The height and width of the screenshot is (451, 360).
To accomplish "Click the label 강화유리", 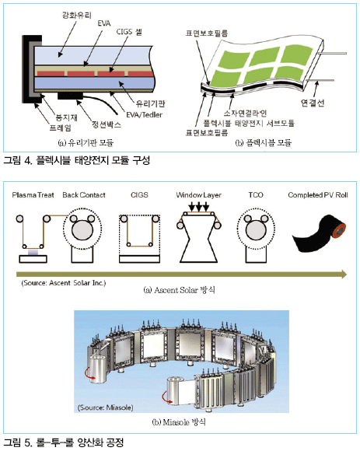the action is pos(77,15).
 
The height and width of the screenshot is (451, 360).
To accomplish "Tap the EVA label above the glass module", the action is pos(104,23).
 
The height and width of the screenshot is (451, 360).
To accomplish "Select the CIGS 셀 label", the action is pos(129,32).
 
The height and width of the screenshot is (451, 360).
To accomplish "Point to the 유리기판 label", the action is pos(150,103).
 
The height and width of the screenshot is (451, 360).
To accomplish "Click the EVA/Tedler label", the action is pos(145,115).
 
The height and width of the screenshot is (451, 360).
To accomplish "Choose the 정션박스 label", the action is pos(107,124).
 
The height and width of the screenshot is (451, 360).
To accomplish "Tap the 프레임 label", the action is pos(61,128).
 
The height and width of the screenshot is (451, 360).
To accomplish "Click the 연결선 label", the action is pos(313,103).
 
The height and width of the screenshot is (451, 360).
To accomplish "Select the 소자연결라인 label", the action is pos(245,113).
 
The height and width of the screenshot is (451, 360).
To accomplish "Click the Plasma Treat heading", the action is pos(33,195).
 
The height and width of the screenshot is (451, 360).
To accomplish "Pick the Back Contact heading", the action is pos(84,195).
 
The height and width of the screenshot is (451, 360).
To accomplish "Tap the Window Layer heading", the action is pos(199,195).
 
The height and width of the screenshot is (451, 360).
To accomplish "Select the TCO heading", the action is pos(256,195).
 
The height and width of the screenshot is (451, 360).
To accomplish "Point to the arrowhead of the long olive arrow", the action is pos(344,274).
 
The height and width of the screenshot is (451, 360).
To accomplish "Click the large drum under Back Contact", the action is pos(82,231).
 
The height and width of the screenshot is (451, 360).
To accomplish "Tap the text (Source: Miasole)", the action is pos(105,407).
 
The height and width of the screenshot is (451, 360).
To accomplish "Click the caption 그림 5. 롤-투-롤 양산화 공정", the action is pos(64,442).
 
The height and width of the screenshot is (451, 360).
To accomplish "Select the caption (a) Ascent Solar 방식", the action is pos(179,290).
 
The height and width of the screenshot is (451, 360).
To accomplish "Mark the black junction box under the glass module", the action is pos(70,96).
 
